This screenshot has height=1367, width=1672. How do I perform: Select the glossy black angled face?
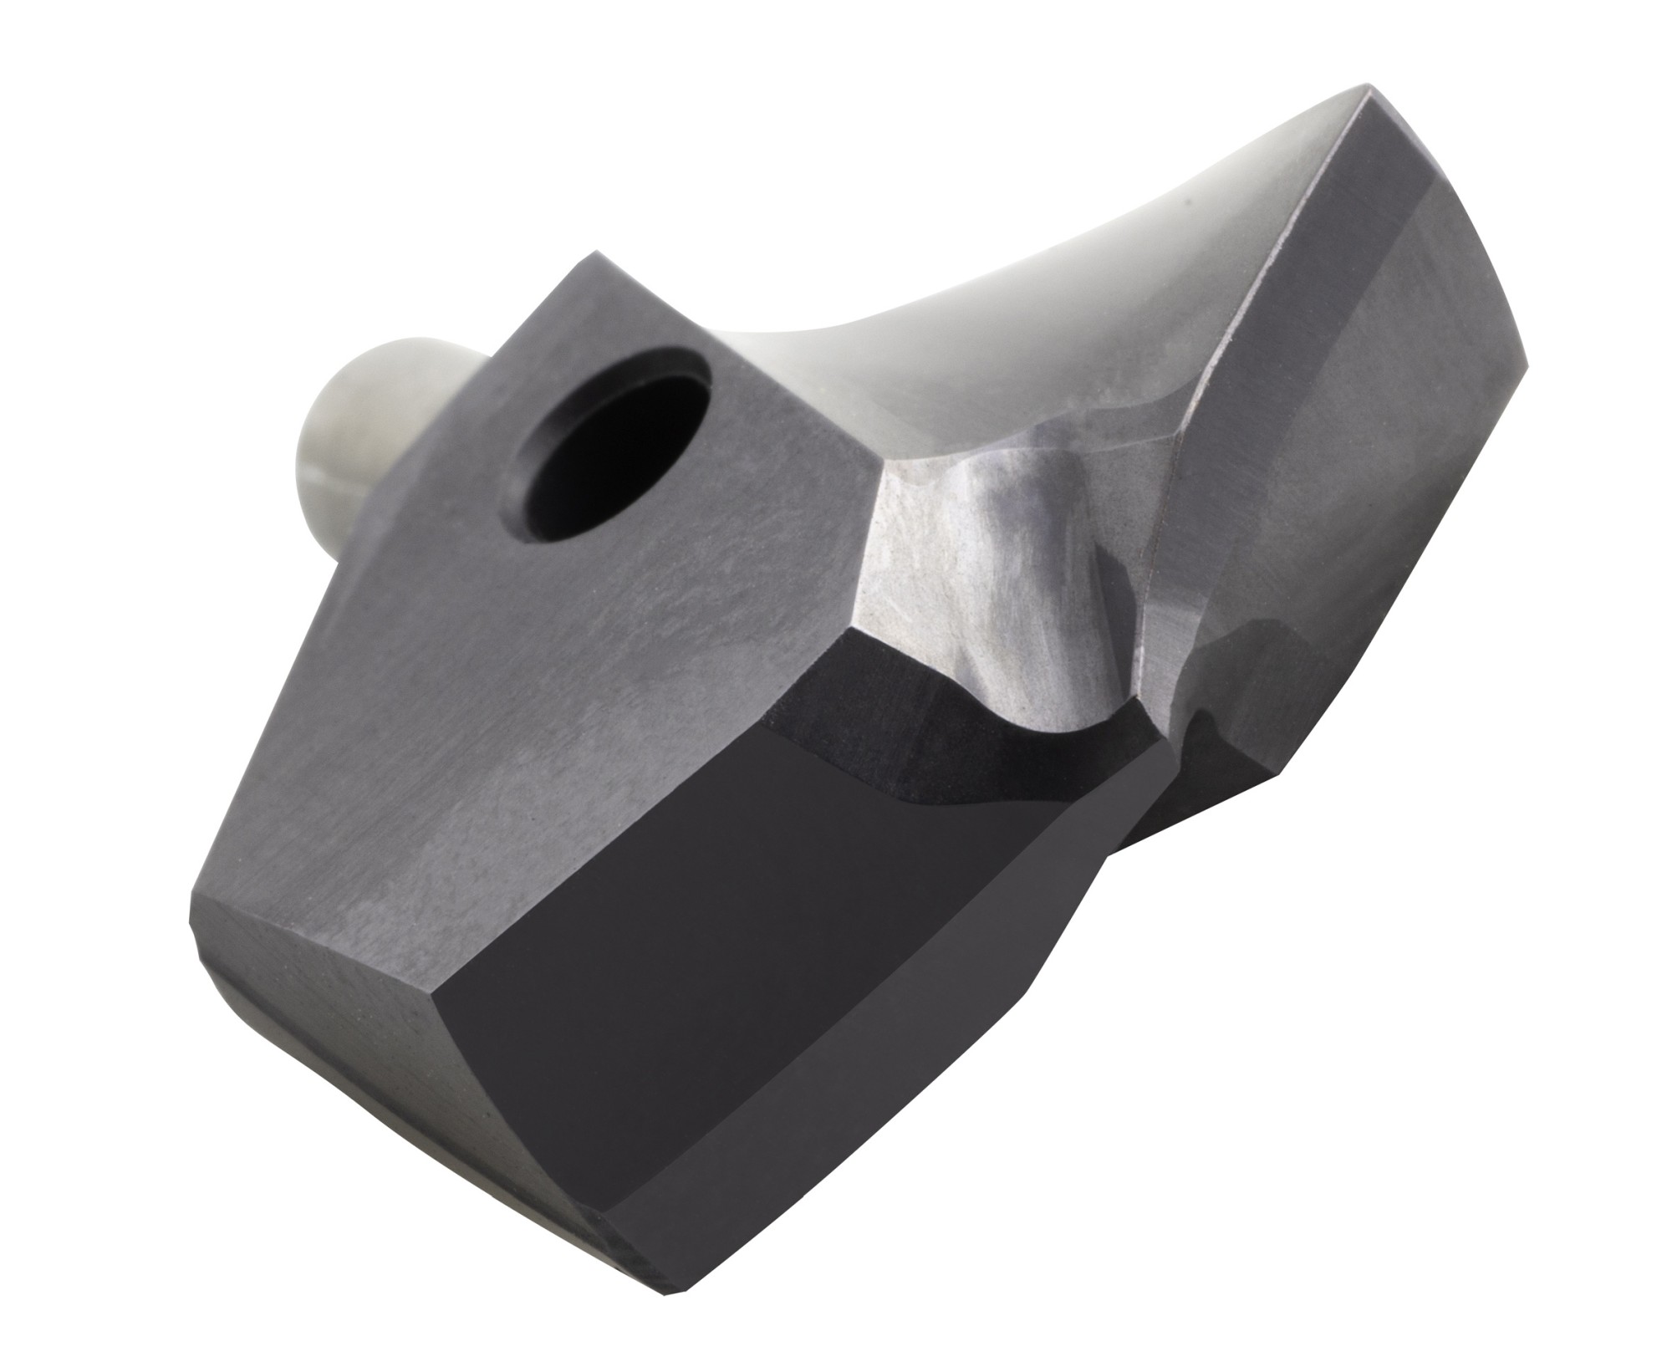(x=752, y=1003)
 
